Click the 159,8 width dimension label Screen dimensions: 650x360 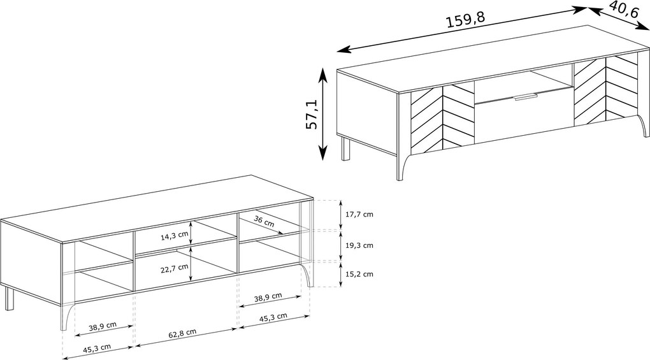(465, 20)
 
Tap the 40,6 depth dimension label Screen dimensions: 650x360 (624, 9)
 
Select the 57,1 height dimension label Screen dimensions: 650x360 (312, 114)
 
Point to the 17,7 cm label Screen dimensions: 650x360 (359, 214)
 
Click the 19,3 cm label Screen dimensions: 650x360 (359, 245)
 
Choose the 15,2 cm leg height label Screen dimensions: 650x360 (359, 274)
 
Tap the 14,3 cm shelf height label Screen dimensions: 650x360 (175, 236)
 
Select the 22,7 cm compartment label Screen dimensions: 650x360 (175, 268)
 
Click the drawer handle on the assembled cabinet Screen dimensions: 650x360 (525, 97)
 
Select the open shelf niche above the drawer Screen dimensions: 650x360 (524, 84)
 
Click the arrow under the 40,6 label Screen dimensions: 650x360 (619, 19)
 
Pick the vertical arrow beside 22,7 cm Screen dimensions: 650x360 (191, 264)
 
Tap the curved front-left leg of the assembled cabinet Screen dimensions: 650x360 (401, 165)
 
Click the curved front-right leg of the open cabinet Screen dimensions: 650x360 (308, 274)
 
